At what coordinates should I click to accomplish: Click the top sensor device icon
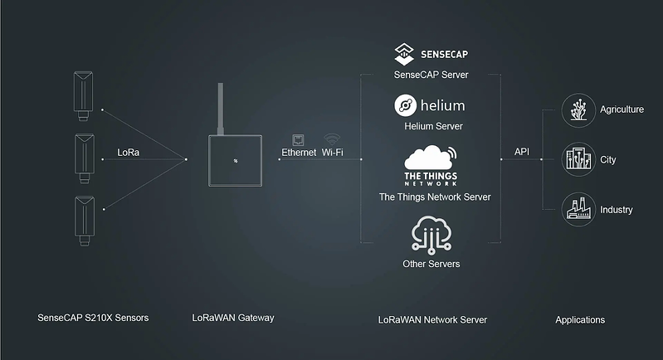[84, 92]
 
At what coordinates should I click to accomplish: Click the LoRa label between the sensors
[129, 153]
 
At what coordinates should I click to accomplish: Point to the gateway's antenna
[221, 108]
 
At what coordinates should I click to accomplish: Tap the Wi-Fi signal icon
[332, 139]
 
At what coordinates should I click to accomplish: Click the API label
[522, 152]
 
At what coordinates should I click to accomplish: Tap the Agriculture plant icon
[576, 109]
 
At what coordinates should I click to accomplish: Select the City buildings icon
[576, 158]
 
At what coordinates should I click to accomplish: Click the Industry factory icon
[576, 209]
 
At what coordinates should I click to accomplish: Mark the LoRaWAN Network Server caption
[431, 319]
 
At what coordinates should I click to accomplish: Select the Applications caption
[580, 319]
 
